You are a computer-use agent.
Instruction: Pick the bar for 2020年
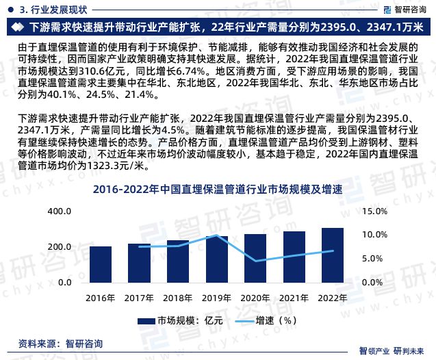tap(256, 260)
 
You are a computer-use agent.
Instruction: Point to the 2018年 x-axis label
tap(178, 297)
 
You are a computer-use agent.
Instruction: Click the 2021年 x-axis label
tap(294, 297)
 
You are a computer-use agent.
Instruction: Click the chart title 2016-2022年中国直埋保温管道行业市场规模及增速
tap(217, 190)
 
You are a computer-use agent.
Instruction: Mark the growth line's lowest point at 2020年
tap(256, 261)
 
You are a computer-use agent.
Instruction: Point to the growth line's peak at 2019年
tap(217, 235)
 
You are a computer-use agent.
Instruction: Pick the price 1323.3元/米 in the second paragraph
tap(118, 166)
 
